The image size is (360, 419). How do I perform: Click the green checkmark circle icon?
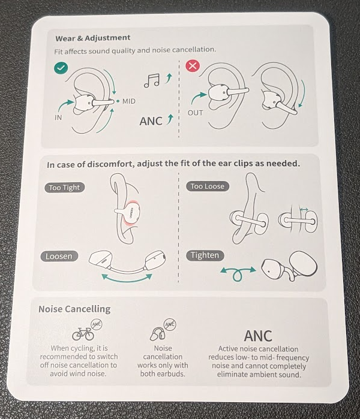(61, 68)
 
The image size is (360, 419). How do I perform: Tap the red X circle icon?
(193, 65)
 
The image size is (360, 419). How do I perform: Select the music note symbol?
(152, 81)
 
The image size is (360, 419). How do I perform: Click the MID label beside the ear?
(128, 101)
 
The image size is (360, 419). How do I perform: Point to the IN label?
(58, 117)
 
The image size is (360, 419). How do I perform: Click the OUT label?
(195, 113)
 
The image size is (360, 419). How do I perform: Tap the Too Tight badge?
(64, 188)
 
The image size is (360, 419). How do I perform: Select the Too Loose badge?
(208, 186)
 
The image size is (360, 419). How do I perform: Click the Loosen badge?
(59, 257)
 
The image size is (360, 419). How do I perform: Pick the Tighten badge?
(205, 255)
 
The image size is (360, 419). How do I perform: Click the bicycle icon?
(83, 334)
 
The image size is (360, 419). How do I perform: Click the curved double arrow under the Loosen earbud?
(127, 279)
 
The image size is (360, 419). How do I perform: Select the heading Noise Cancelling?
(74, 309)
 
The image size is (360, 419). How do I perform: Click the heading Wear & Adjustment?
(93, 38)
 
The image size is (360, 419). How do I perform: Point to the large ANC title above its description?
(258, 336)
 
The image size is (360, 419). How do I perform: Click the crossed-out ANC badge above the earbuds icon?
(170, 325)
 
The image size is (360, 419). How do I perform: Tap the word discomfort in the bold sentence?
(110, 164)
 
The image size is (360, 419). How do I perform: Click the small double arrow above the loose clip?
(304, 210)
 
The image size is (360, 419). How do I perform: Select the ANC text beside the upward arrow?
(151, 121)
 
